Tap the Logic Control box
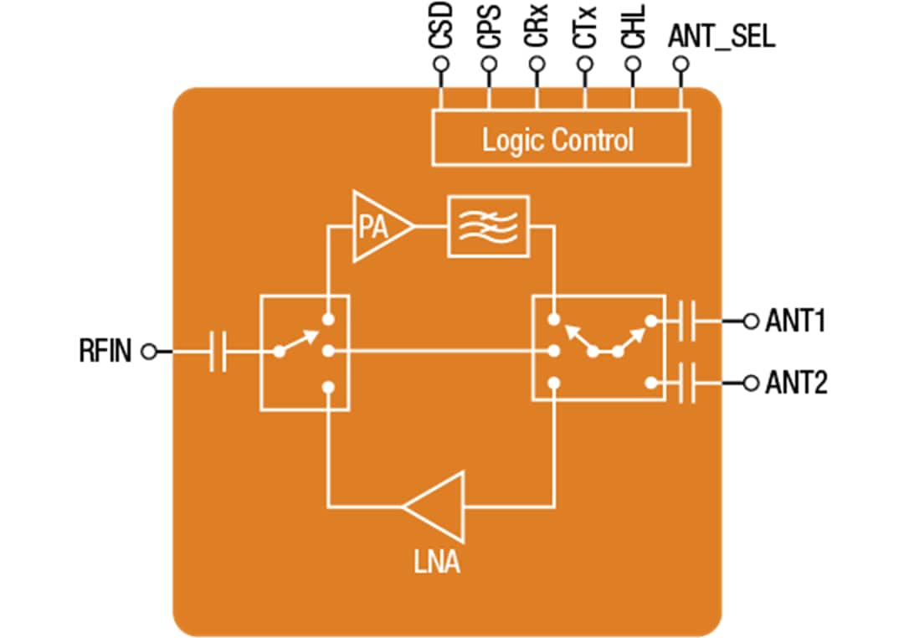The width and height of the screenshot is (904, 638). (x=560, y=138)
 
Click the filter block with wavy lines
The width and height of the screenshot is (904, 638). (x=489, y=226)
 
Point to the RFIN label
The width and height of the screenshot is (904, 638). (x=105, y=352)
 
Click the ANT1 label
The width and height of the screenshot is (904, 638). (x=795, y=321)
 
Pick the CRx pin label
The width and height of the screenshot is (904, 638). (x=539, y=26)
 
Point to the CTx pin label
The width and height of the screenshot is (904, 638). (x=587, y=26)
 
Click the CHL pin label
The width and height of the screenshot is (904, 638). (x=634, y=26)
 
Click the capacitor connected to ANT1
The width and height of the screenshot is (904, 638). (x=687, y=321)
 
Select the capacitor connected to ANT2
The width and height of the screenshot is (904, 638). (x=687, y=383)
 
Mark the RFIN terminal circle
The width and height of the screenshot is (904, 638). (x=149, y=352)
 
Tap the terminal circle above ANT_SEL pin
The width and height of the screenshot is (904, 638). (x=681, y=64)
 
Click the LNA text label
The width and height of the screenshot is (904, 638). (x=436, y=562)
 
